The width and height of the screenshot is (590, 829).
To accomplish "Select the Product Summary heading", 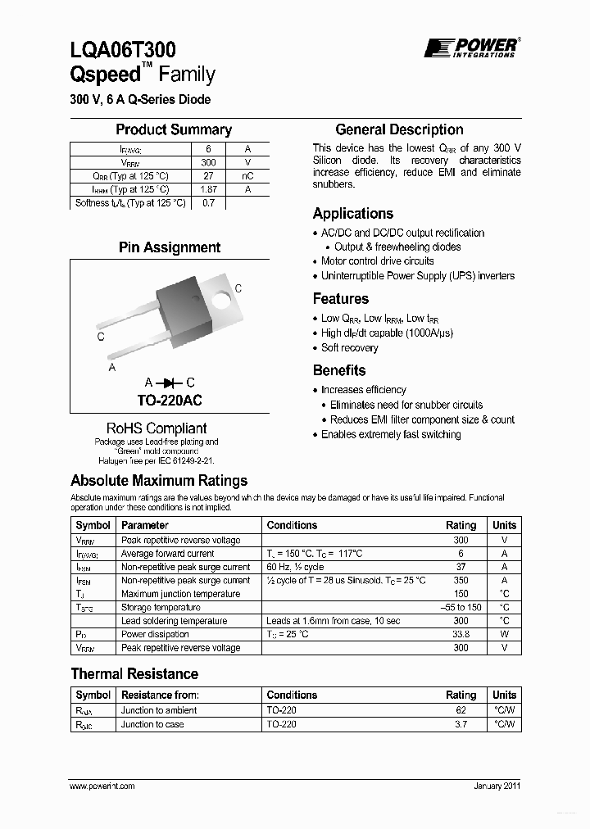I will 173,129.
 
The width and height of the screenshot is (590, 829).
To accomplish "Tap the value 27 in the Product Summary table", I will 208,175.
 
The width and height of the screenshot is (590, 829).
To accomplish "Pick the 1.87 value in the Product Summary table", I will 208,189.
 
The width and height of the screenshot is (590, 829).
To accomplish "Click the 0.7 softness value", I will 208,203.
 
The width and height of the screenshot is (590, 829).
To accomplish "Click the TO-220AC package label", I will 170,401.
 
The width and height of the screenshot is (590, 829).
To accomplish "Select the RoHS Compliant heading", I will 157,428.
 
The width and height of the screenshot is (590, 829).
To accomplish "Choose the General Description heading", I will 399,129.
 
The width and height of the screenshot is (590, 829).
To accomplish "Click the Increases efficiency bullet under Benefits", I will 363,390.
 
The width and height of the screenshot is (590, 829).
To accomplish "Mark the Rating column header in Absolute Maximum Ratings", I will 461,525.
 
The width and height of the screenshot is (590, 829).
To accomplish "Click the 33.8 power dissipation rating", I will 461,634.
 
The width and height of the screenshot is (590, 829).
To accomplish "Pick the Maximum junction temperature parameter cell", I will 180,594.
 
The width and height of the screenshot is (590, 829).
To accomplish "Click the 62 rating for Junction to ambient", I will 461,710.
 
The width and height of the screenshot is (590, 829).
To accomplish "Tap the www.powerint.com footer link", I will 102,786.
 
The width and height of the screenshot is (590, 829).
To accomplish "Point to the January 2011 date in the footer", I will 497,786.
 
